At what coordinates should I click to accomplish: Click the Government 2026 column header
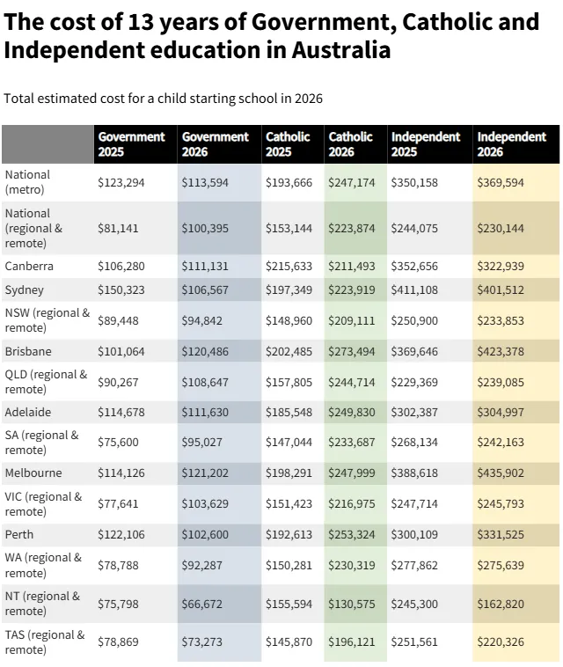[215, 144]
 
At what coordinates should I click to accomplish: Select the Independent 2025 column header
[426, 144]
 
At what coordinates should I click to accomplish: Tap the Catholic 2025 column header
[288, 144]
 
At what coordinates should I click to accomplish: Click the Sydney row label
[24, 290]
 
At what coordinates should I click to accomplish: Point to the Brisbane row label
[28, 351]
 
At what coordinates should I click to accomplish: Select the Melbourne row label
[33, 473]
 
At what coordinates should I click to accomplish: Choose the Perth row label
[19, 534]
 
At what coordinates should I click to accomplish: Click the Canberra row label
[29, 266]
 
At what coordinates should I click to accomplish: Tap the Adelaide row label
[28, 412]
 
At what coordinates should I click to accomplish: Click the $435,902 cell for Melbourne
[500, 473]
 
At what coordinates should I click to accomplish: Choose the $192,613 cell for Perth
[289, 534]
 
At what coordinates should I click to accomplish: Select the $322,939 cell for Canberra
[500, 267]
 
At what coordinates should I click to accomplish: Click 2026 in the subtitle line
[307, 99]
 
